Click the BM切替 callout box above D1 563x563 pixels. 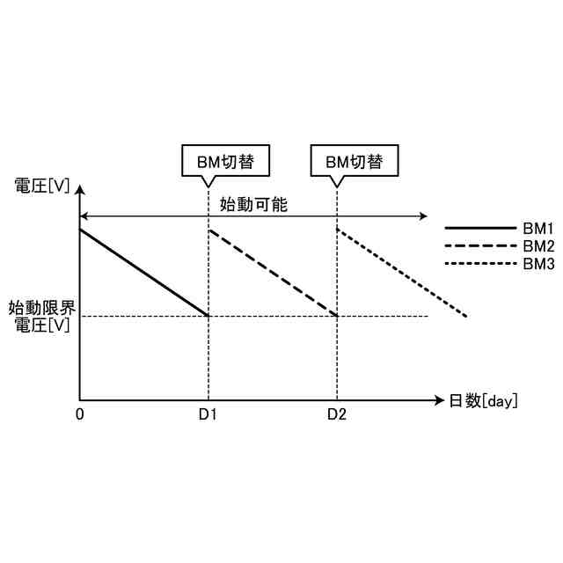tap(224, 162)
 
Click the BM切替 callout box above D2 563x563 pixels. tap(355, 162)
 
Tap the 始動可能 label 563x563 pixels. tap(253, 204)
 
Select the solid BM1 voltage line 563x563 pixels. tap(144, 273)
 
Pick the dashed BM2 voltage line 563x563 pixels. tap(274, 273)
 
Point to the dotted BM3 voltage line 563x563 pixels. tap(402, 273)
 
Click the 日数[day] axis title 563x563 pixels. tap(483, 401)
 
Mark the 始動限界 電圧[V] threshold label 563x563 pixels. tap(42, 317)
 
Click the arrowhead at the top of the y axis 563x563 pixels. tap(80, 187)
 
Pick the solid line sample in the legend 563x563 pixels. tap(479, 229)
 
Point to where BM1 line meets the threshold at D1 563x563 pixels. tap(208, 316)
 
